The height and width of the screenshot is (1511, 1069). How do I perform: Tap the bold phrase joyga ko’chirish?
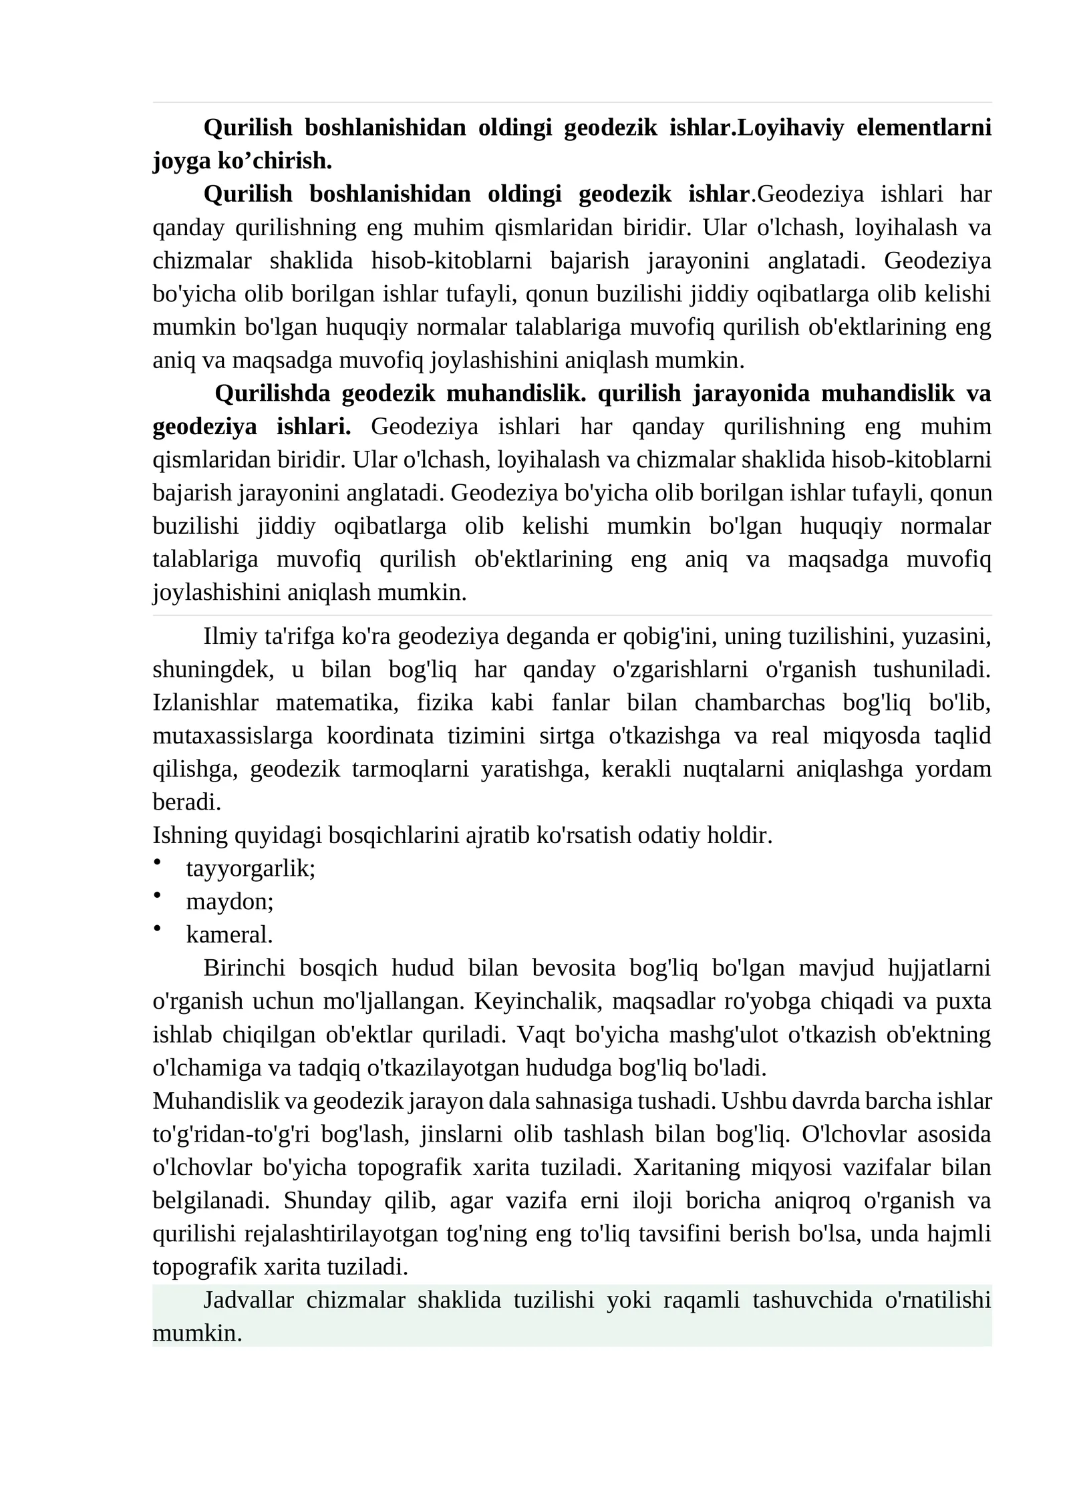(242, 160)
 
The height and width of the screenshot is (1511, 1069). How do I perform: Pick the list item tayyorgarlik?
(251, 868)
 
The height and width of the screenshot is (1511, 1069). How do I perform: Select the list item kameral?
(229, 935)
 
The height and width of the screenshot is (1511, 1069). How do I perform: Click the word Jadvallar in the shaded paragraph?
(248, 1300)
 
